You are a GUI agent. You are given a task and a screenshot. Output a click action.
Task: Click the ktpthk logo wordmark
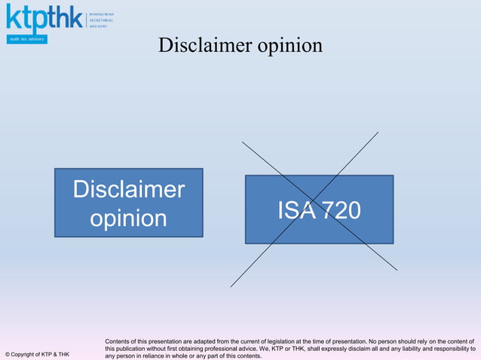44,18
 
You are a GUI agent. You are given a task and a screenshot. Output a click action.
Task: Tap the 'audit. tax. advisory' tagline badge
27,39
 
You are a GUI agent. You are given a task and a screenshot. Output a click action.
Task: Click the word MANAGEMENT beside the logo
102,14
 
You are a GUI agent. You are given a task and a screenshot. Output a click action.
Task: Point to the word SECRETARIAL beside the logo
102,20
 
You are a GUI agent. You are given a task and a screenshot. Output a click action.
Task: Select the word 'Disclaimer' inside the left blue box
128,189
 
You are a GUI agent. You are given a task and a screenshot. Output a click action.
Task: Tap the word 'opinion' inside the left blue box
128,218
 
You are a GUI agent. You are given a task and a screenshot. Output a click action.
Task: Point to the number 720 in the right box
337,211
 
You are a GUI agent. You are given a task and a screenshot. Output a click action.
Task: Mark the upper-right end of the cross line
378,133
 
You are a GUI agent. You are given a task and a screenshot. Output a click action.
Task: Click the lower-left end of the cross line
231,286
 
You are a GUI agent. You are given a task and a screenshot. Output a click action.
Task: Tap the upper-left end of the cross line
242,142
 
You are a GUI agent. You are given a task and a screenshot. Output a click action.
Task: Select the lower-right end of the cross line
397,270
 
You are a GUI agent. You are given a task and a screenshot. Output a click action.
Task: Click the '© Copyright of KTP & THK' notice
37,354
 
